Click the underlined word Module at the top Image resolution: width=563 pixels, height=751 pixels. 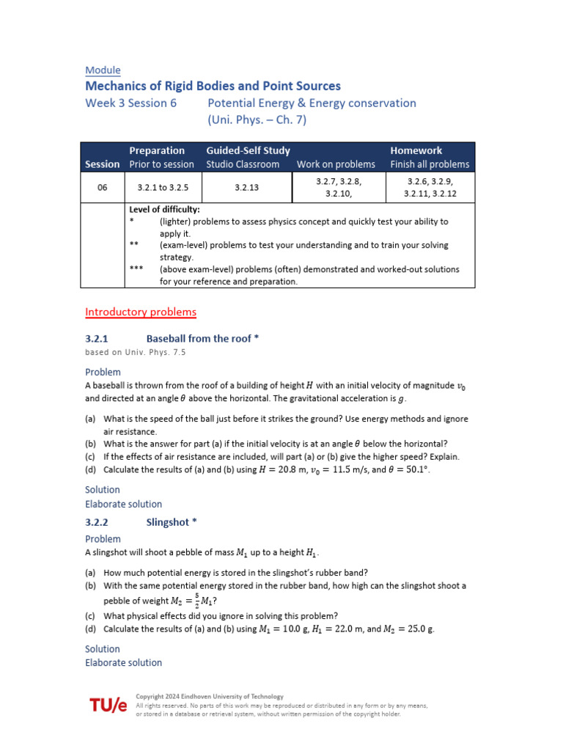point(103,70)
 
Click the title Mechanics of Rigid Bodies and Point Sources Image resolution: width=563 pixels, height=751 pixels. point(213,87)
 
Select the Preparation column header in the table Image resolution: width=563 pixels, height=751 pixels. point(157,150)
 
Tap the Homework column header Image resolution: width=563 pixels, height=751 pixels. point(416,150)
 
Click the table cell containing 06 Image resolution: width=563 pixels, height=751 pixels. point(103,188)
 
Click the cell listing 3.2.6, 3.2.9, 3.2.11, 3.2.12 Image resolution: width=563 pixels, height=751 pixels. point(430,188)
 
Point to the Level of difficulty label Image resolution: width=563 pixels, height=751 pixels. point(164,210)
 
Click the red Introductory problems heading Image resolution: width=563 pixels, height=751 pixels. point(141,312)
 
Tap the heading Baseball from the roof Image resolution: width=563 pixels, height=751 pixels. point(202,339)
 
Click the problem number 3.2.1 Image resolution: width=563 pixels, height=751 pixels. point(97,339)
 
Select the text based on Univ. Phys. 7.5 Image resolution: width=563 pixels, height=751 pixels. point(136,353)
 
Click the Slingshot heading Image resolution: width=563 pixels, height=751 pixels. point(172,523)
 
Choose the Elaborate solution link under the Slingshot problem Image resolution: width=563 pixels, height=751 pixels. point(123,663)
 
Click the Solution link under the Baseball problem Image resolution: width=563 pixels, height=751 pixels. point(103,490)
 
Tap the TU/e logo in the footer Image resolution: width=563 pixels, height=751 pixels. point(108,706)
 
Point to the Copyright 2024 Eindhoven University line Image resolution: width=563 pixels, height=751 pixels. point(210,697)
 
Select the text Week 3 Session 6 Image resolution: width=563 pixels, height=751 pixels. point(131,103)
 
